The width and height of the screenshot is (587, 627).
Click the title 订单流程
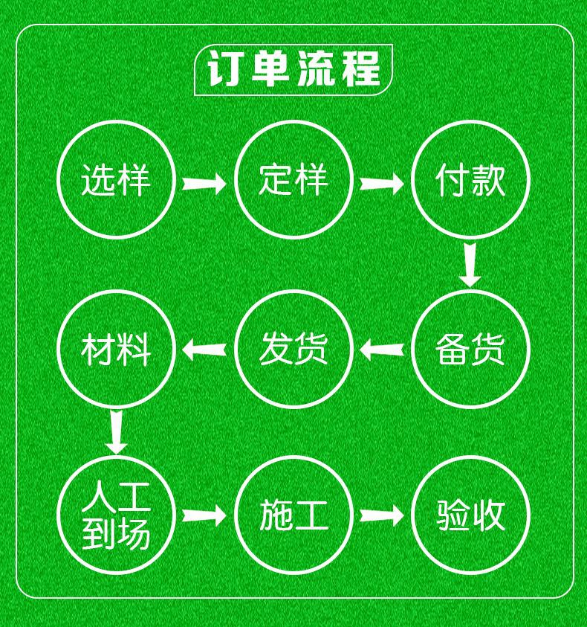(293, 70)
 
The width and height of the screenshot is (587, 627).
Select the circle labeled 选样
(116, 179)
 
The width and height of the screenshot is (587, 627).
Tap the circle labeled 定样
(293, 179)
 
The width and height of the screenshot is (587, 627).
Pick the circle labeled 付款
(470, 179)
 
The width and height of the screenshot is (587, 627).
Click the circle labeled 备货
(470, 349)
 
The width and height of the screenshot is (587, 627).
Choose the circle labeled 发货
(293, 349)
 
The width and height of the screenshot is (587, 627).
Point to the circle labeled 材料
(116, 349)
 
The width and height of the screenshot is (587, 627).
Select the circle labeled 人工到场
(116, 515)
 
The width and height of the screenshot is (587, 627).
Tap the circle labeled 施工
(293, 515)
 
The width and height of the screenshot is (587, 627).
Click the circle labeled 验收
(470, 515)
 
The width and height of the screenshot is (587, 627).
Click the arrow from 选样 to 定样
(204, 182)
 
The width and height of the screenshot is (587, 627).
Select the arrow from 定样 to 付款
(381, 182)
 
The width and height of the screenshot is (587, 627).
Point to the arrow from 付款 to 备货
(470, 264)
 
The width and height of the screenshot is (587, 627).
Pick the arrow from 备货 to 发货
(381, 348)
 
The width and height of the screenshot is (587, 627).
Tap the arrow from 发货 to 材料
(204, 348)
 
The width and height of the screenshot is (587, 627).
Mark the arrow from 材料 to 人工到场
(116, 432)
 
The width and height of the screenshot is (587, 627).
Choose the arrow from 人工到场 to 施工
(204, 515)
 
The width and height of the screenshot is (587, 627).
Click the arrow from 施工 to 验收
(381, 515)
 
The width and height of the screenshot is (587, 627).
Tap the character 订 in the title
(225, 70)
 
